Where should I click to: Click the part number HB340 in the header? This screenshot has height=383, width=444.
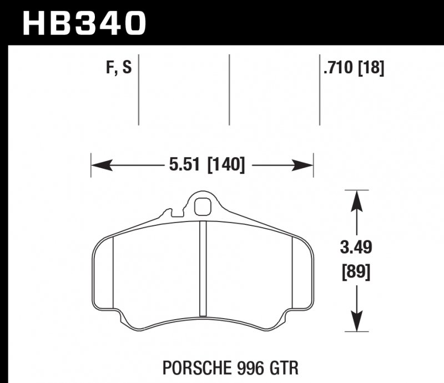pos(83,23)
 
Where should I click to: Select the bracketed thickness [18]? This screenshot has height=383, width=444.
pos(371,69)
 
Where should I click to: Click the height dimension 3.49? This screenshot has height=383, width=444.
pos(356,246)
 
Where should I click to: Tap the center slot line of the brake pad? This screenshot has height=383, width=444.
pos(203,266)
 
